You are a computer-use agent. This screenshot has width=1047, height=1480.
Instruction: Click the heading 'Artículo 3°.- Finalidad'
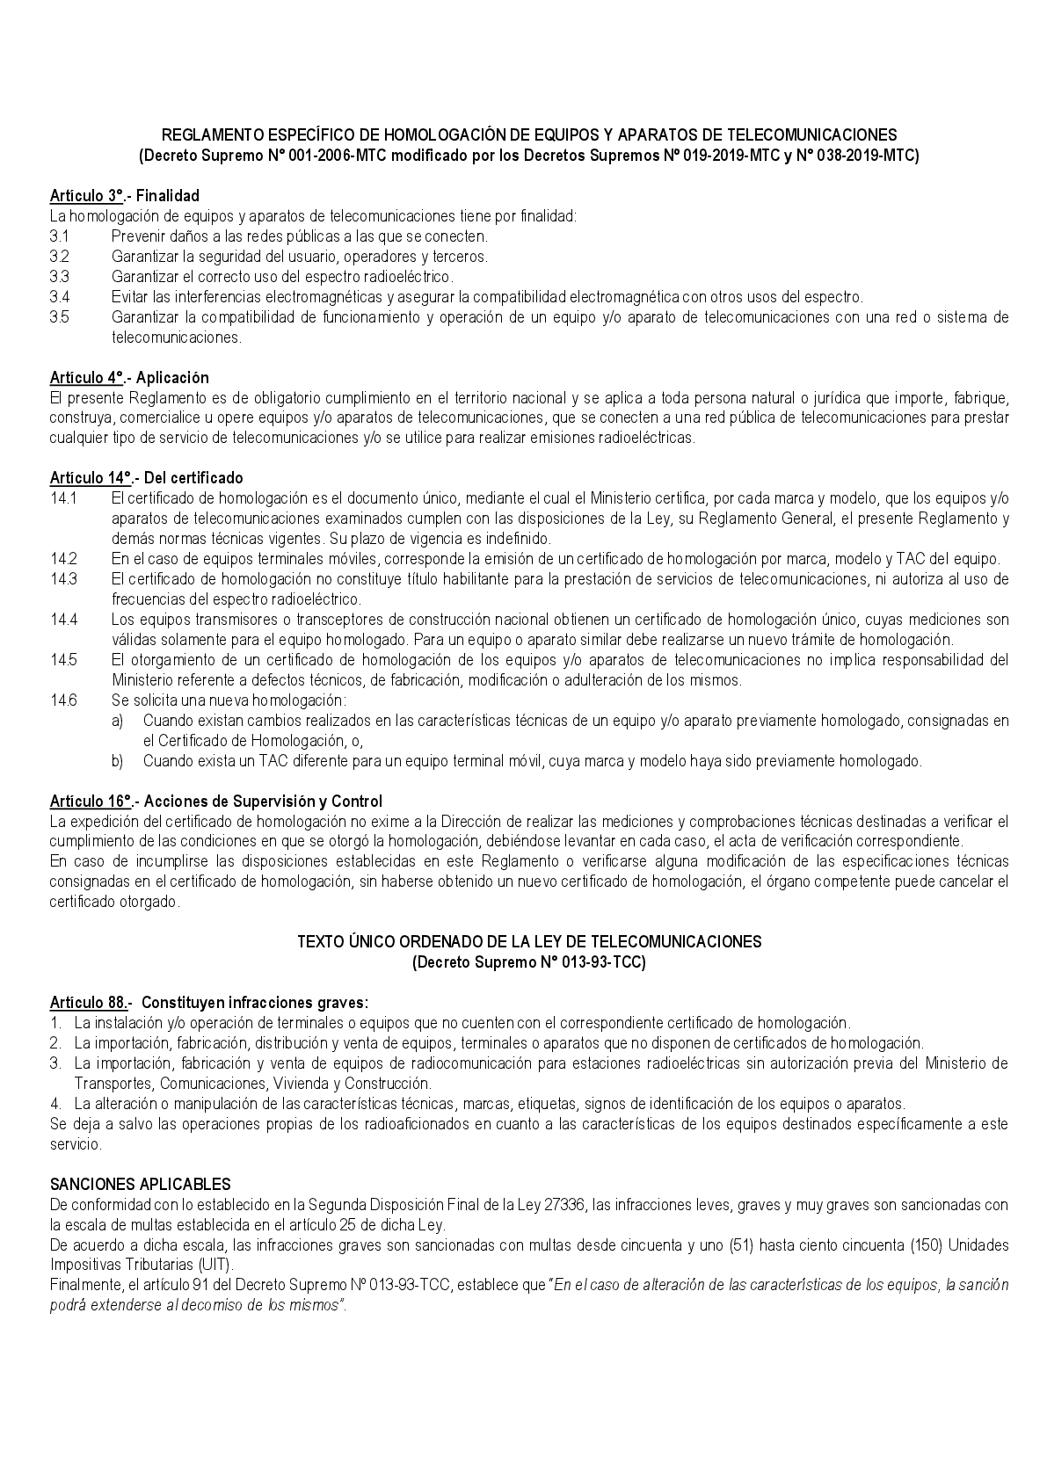coord(125,196)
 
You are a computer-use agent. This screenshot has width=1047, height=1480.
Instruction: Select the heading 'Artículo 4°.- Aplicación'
coord(129,378)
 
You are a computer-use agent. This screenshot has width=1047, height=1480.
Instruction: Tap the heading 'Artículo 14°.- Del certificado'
coord(146,478)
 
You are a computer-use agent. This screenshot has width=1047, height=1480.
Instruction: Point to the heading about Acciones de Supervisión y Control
coord(216,802)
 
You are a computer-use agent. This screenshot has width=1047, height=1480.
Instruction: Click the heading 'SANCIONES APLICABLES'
coord(141,1185)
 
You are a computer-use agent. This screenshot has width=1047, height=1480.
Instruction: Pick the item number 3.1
coord(59,236)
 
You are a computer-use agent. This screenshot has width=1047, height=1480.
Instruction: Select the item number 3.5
coord(59,317)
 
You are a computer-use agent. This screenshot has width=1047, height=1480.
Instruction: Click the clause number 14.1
coord(63,498)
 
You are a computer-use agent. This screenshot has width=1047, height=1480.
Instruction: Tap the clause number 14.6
coord(63,700)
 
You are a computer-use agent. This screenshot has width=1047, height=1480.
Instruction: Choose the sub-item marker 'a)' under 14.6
coord(118,721)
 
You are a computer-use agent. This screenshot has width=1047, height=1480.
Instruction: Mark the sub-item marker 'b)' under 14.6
coord(118,761)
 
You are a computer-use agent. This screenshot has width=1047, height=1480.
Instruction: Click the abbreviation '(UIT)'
coord(217,1266)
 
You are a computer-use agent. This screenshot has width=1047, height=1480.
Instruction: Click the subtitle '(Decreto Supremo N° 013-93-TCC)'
coord(529,963)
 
